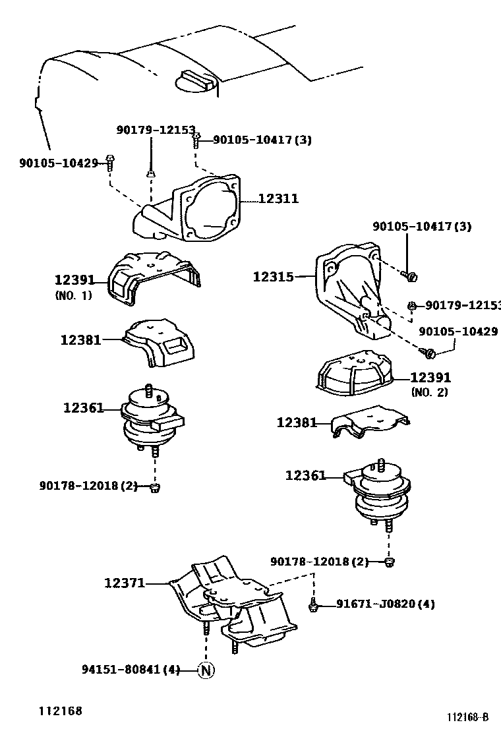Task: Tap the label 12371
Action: point(123,583)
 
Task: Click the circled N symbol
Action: point(206,670)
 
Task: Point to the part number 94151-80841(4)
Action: point(131,670)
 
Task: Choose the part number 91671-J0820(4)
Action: point(385,604)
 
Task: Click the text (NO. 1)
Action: point(73,295)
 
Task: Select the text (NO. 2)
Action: point(429,392)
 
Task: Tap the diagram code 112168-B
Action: point(469,718)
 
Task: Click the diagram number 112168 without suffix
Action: point(59,711)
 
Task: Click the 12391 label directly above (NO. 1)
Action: point(74,280)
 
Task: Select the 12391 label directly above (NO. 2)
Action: point(430,378)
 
